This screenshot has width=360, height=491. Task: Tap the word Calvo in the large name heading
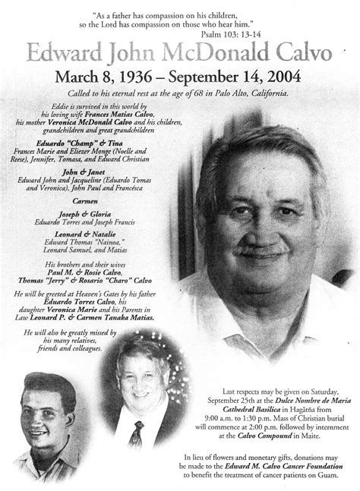pos(303,52)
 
